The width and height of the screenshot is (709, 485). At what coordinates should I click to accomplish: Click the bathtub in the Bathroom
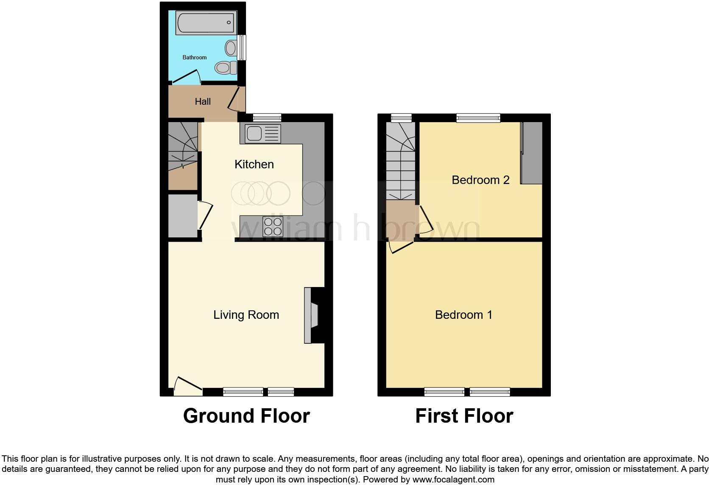[x=206, y=22]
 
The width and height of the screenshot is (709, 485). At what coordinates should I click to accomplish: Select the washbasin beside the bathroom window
[x=231, y=48]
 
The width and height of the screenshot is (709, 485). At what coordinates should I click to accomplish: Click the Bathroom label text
[x=195, y=57]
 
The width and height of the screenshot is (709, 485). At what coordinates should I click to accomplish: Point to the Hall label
[x=203, y=101]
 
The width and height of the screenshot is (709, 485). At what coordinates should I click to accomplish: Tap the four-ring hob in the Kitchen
[x=273, y=226]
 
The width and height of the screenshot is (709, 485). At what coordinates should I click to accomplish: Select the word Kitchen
[x=254, y=164]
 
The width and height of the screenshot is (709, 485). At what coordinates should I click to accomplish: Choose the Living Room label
[x=246, y=315]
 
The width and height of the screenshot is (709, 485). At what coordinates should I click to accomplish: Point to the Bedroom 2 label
[x=480, y=180]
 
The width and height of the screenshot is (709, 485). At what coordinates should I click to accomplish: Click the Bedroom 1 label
[x=463, y=315]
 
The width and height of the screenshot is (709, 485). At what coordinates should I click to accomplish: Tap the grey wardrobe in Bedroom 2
[x=532, y=153]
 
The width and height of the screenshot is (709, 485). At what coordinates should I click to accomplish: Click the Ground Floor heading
[x=246, y=416]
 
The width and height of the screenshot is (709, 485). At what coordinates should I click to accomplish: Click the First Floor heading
[x=464, y=416]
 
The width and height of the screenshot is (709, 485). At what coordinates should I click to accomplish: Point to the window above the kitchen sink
[x=267, y=117]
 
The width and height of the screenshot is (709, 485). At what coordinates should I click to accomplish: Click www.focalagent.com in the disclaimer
[x=453, y=479]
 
